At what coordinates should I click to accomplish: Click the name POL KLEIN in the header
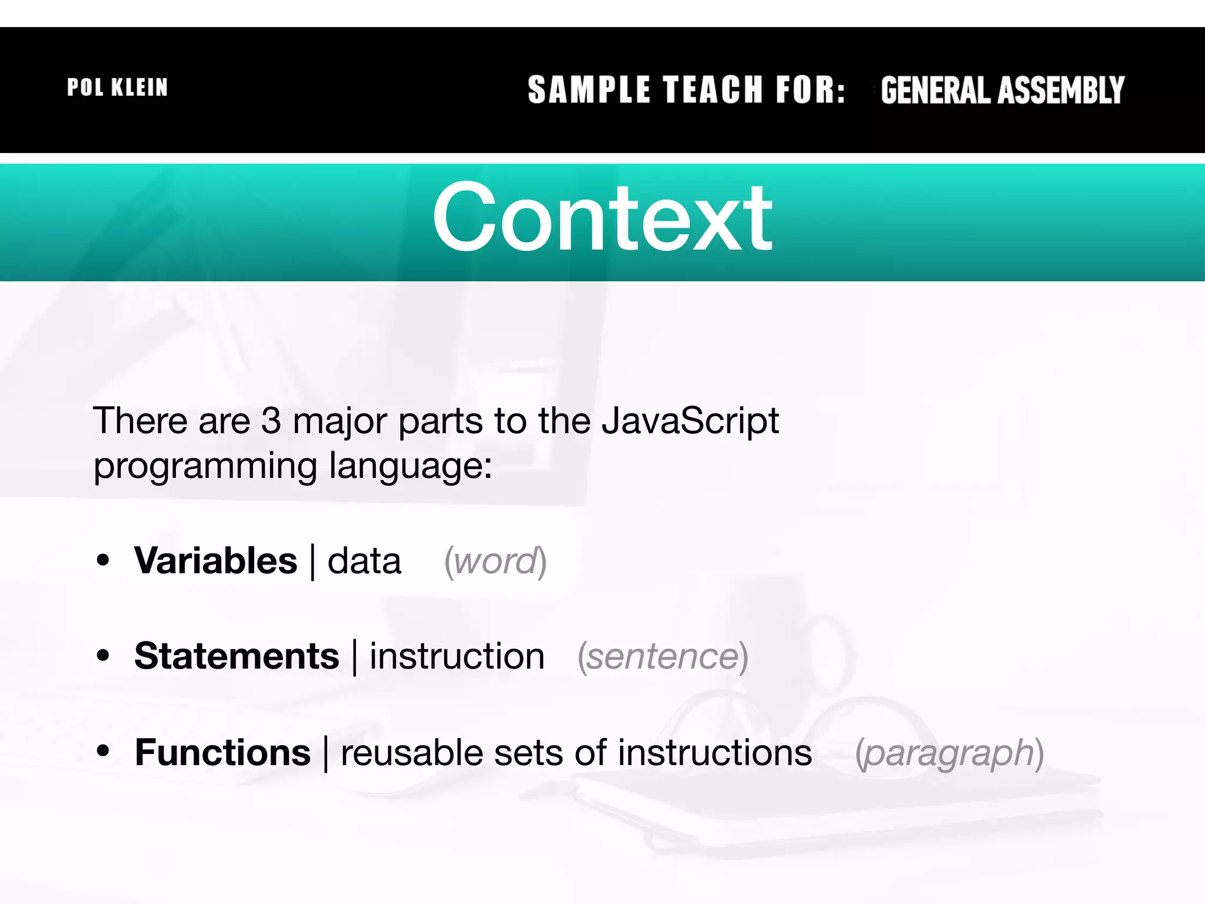pos(117,88)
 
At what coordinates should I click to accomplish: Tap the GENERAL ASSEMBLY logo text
pos(1002,90)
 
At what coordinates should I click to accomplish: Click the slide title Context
pos(602,217)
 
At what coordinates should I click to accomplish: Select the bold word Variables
pos(216,560)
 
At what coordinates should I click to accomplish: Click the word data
pos(364,561)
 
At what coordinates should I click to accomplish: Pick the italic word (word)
pos(495,561)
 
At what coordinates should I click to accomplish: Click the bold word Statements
pos(237,656)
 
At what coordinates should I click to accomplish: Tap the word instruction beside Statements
pos(457,656)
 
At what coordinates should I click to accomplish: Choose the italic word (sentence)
pos(663,657)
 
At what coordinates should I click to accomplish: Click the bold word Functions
pos(222,753)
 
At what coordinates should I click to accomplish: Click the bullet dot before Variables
pos(104,560)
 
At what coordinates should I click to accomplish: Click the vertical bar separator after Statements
pos(354,657)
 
